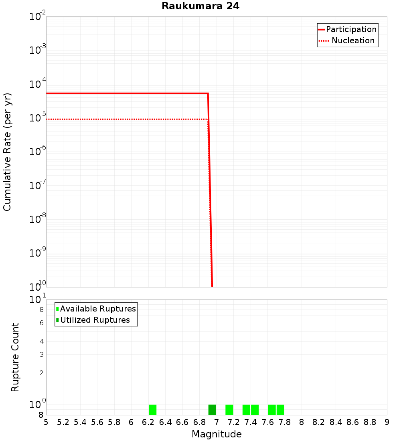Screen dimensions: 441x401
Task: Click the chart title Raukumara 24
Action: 200,6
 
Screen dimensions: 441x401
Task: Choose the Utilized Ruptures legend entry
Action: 95,320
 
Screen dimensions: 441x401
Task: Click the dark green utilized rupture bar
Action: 212,410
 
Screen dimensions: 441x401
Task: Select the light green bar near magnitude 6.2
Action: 152,410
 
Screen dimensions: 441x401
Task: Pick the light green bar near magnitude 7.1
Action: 229,410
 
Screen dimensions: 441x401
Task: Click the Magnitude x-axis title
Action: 217,434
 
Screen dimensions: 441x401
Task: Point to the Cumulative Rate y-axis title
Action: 7,152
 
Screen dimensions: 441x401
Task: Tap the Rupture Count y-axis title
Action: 15,357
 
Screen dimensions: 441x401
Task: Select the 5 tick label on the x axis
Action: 46,422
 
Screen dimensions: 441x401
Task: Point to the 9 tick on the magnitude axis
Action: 387,422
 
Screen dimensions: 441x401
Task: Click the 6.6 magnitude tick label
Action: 182,422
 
